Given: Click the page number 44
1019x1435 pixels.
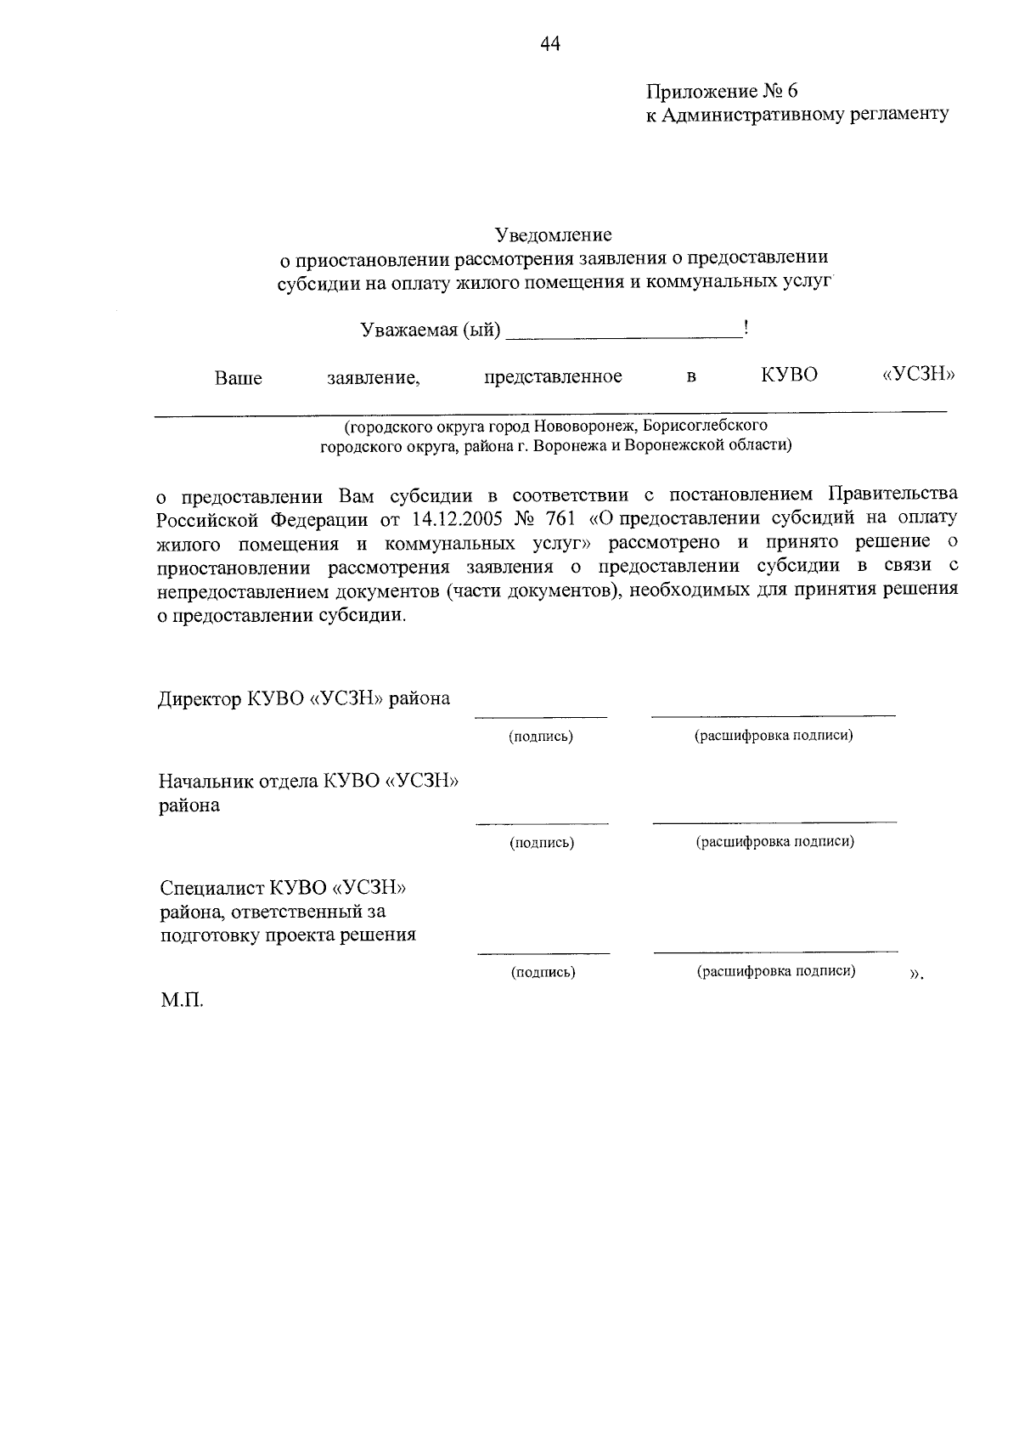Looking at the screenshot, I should (x=550, y=44).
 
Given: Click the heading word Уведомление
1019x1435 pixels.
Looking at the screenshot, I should (x=554, y=234).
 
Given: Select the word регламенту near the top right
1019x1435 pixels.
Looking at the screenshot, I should (x=899, y=115).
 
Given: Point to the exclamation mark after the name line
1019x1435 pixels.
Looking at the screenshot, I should (x=745, y=328).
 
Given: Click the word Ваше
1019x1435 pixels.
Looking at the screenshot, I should (x=238, y=378).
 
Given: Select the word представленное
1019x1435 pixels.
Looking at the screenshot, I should (x=553, y=376).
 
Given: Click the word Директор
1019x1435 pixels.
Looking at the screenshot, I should (x=200, y=698).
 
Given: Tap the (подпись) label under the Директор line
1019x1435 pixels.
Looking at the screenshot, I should (x=541, y=737).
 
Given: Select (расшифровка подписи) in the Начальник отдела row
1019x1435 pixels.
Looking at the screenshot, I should (x=774, y=842).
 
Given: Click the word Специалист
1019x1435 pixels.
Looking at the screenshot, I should (x=212, y=888).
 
